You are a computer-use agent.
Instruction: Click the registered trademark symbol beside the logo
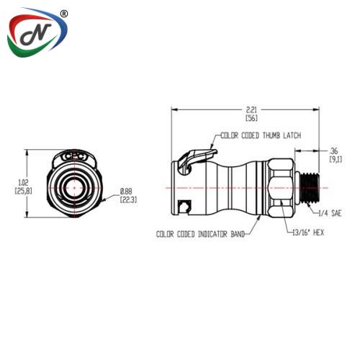63,14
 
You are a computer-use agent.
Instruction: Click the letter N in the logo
36,34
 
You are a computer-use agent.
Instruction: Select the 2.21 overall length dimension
251,109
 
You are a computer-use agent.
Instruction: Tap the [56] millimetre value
251,118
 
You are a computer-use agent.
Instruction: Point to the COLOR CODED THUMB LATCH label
261,135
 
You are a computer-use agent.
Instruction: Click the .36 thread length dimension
333,151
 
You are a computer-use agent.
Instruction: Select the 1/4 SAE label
330,213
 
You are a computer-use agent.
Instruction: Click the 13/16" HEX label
308,233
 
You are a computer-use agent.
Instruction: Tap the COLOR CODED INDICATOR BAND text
201,234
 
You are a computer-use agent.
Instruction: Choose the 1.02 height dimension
23,183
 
